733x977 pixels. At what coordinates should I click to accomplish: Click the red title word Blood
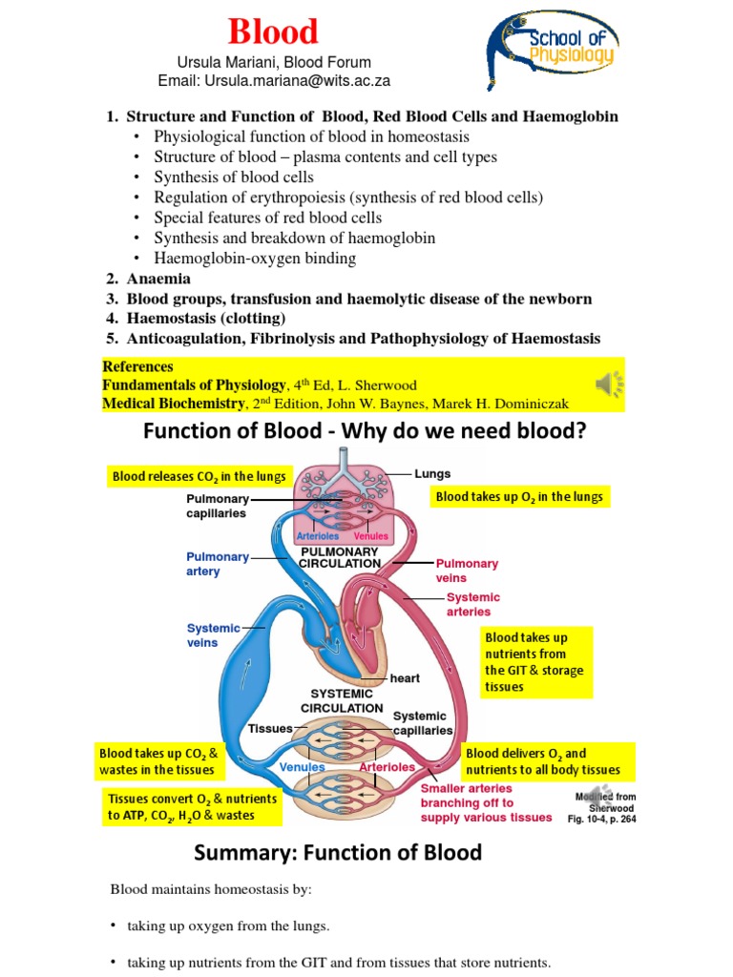point(272,31)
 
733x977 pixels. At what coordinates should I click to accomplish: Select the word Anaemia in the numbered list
point(158,279)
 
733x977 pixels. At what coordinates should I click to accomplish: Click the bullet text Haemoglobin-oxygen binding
point(255,258)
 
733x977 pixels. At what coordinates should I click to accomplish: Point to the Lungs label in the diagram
point(432,473)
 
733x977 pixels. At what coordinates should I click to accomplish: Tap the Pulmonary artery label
point(218,564)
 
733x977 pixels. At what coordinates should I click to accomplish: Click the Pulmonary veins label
point(467,570)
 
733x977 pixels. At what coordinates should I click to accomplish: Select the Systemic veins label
point(215,634)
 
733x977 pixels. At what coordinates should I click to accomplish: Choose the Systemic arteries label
point(472,604)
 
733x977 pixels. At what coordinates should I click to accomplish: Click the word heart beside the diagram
point(405,678)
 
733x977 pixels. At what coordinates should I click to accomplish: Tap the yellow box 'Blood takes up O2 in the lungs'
point(518,497)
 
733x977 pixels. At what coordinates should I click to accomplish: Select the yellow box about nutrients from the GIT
point(535,661)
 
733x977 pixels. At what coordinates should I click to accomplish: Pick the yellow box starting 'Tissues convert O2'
point(192,806)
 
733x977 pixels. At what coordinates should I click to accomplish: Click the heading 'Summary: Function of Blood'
point(338,852)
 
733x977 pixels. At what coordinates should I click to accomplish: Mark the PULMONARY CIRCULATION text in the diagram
point(340,557)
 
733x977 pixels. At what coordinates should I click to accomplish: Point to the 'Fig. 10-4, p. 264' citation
point(601,819)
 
